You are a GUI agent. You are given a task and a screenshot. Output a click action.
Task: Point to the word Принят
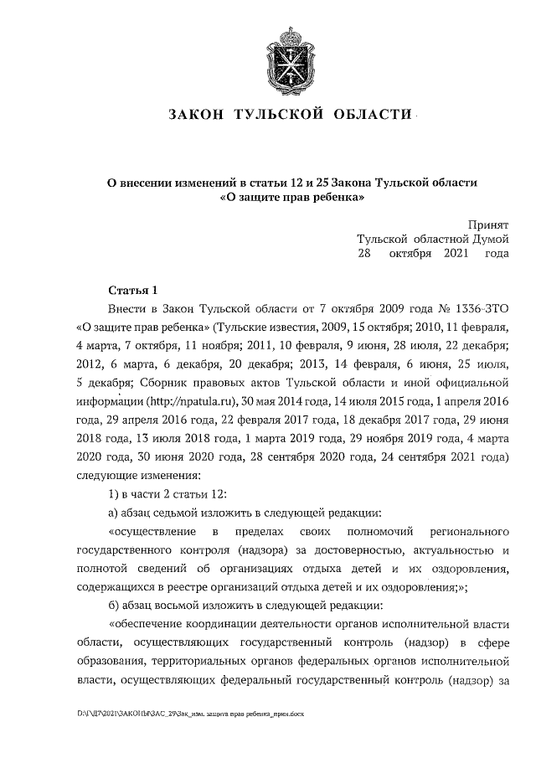click(x=487, y=224)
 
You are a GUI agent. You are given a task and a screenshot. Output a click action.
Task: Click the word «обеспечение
click(x=146, y=625)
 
